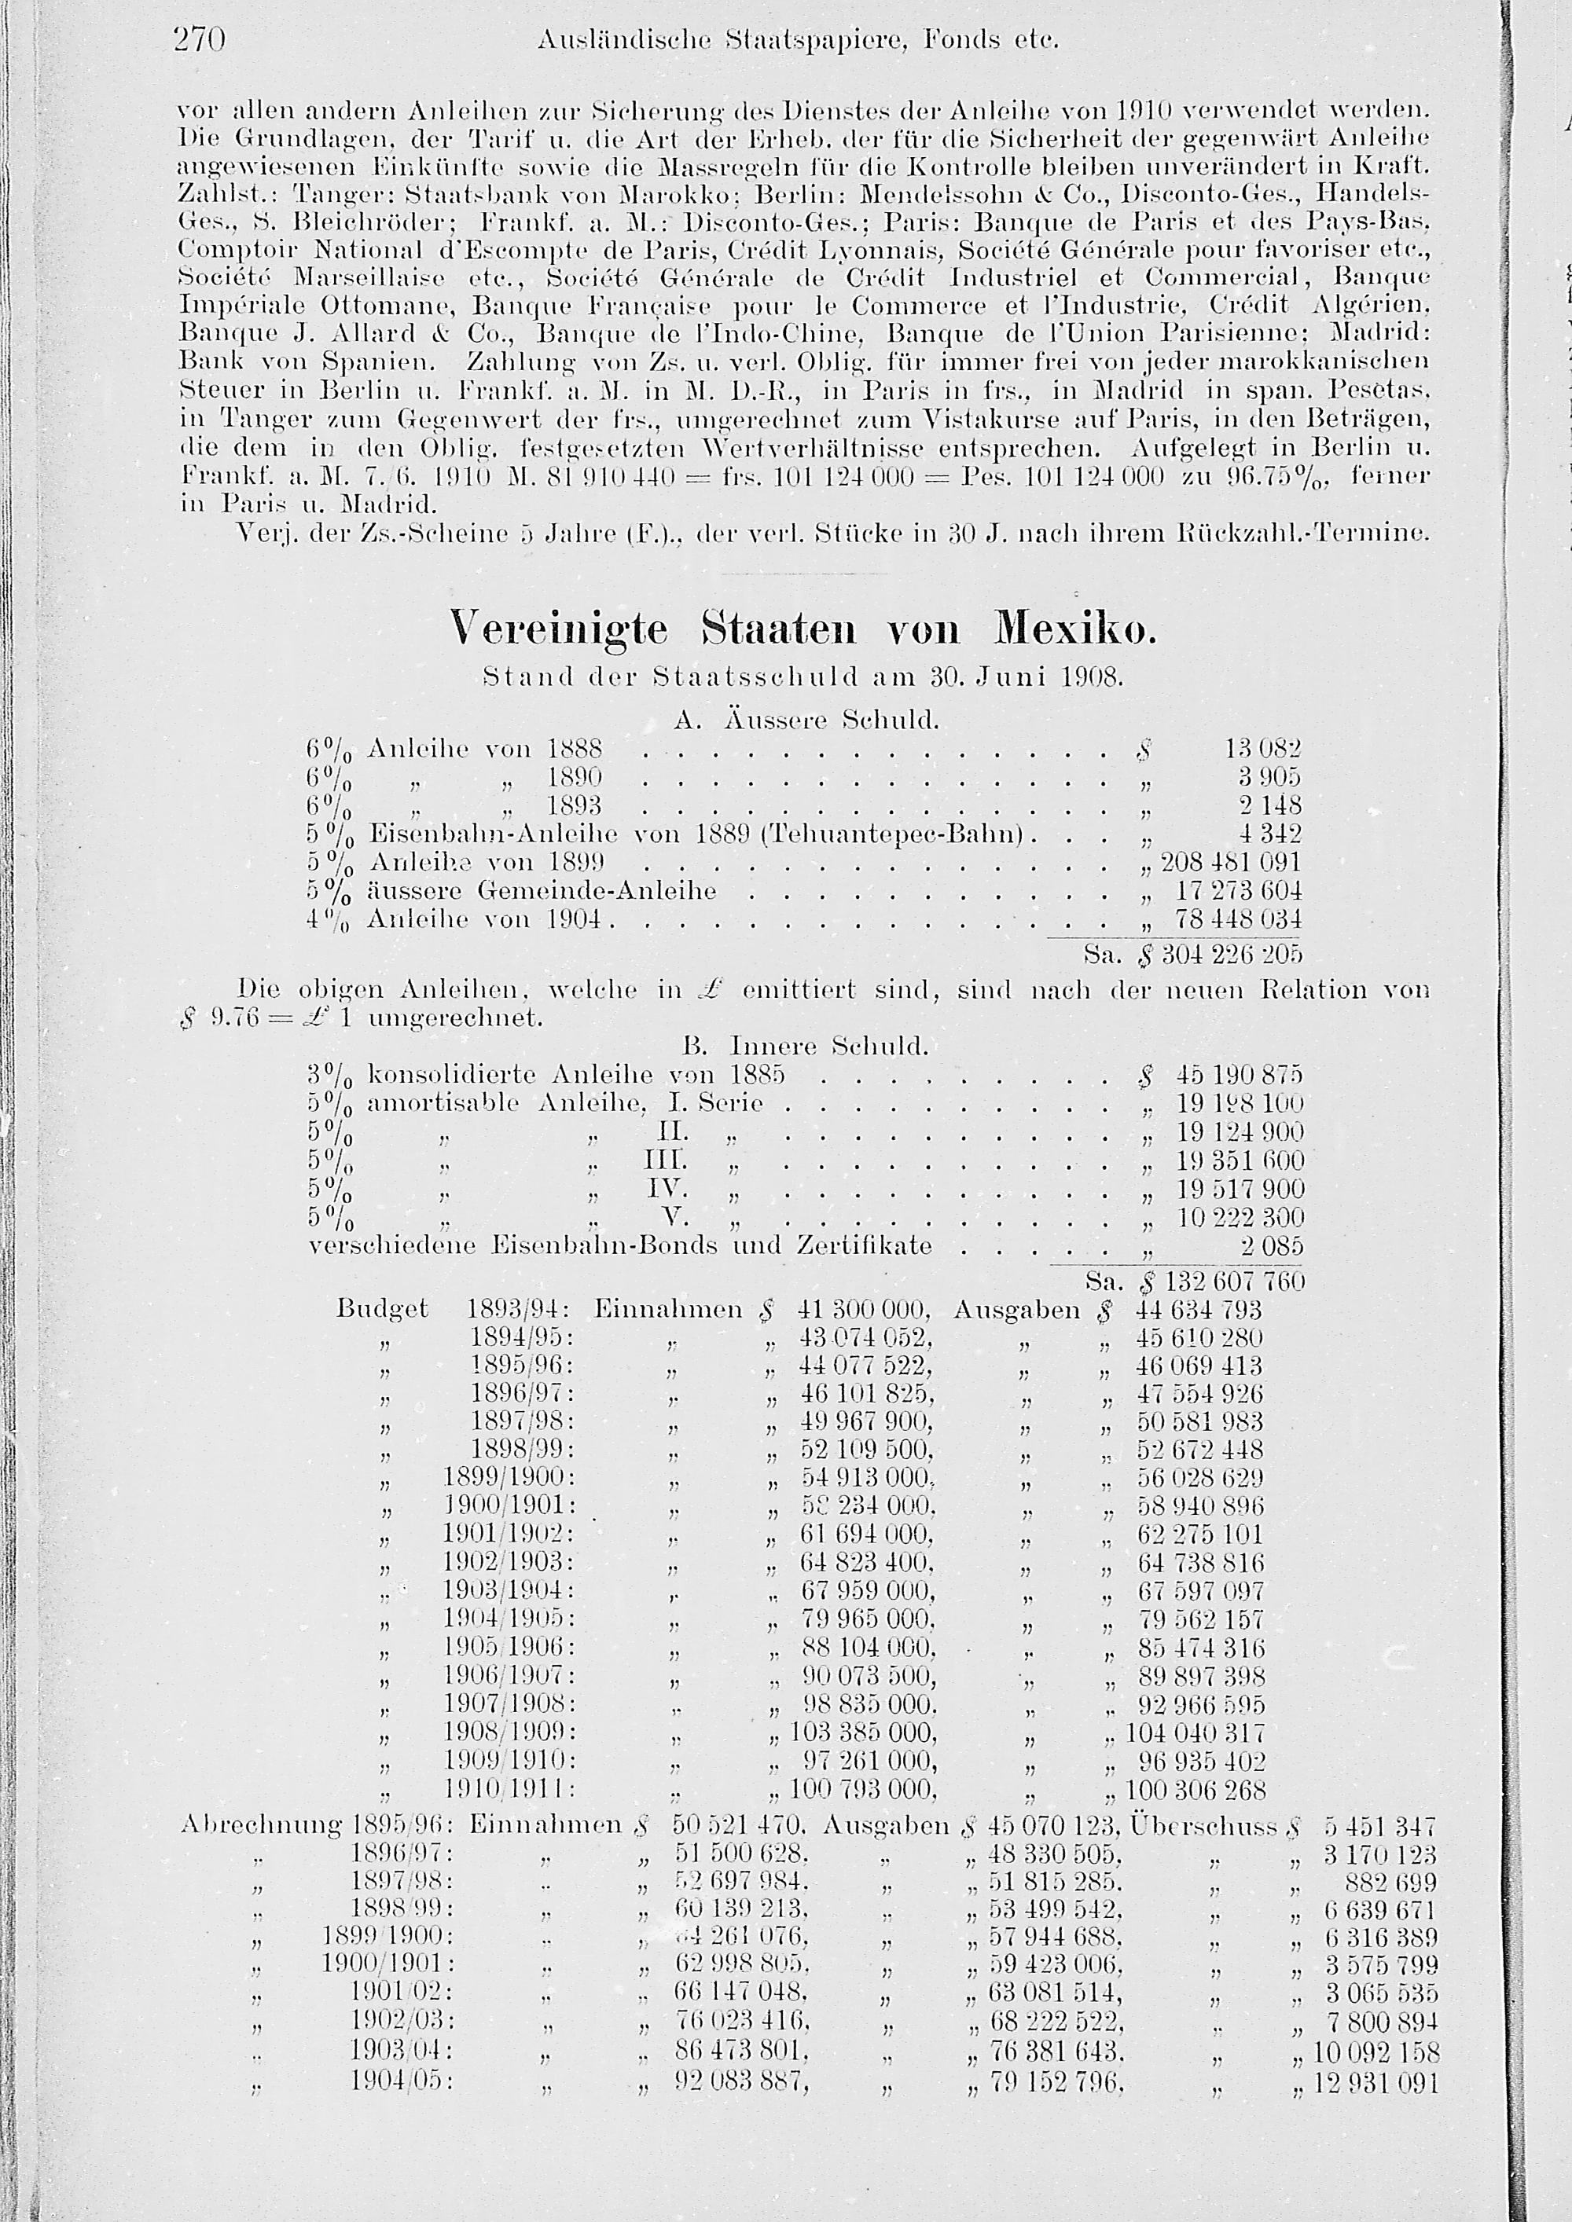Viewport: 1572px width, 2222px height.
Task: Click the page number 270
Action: (198, 41)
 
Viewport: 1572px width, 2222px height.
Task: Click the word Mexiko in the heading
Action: (1074, 630)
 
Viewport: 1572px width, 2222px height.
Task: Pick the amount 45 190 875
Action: (1240, 1075)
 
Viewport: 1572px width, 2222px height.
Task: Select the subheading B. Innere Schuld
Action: (806, 1047)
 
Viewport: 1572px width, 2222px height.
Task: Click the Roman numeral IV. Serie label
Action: (666, 1187)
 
